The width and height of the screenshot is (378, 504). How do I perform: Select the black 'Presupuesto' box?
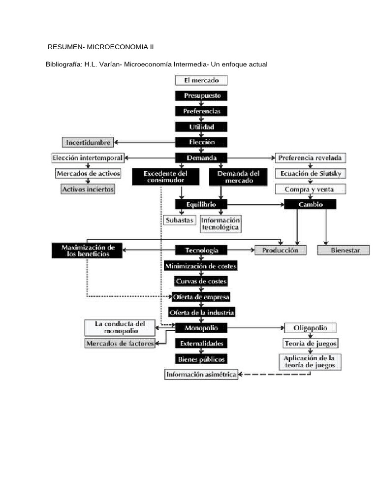click(x=201, y=95)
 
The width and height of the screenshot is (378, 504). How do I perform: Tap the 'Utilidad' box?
click(x=201, y=126)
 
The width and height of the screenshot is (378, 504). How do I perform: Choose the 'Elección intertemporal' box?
click(x=88, y=158)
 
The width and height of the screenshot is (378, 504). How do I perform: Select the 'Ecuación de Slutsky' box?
click(x=310, y=174)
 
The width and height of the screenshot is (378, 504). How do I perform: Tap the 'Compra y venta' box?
click(x=310, y=189)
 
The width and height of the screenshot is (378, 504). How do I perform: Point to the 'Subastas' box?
click(x=179, y=220)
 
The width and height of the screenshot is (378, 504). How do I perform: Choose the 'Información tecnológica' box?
click(x=220, y=223)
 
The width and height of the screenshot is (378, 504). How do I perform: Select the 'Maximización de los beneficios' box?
click(x=87, y=250)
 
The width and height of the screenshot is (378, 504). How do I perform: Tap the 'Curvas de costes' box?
click(x=201, y=282)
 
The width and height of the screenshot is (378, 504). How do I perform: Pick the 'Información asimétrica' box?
click(x=201, y=375)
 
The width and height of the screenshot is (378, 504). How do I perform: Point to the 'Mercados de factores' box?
click(x=120, y=343)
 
